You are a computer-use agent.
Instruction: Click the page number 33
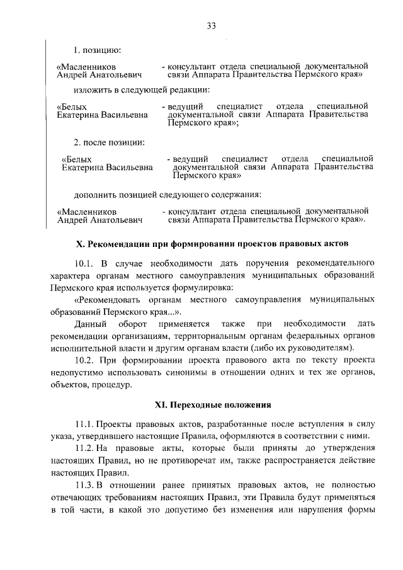pyautogui.click(x=211, y=26)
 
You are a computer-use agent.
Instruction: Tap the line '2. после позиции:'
pyautogui.click(x=109, y=142)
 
